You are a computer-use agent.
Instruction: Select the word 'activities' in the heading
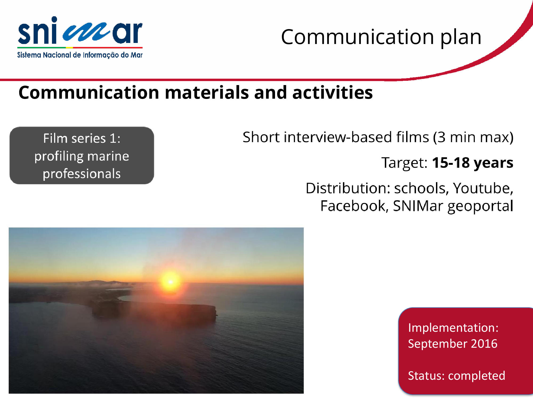tap(332, 93)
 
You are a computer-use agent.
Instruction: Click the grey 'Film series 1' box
tap(82, 155)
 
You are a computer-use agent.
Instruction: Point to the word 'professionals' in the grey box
tap(82, 174)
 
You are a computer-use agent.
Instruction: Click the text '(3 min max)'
tap(473, 137)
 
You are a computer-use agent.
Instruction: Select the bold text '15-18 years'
tap(473, 163)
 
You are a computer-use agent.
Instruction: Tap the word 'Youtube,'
tap(483, 188)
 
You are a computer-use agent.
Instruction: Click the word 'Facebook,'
tap(354, 206)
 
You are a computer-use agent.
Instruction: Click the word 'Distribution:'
tap(348, 188)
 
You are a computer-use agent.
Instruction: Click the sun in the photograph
tap(171, 282)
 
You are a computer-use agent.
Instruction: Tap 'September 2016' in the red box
tap(453, 344)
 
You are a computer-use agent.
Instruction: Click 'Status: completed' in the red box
tap(457, 376)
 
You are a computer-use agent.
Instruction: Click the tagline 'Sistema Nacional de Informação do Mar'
tap(80, 55)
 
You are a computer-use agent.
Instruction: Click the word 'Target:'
tap(404, 163)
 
